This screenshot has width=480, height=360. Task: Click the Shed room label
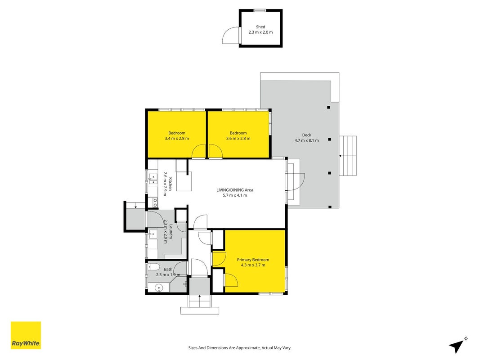260,27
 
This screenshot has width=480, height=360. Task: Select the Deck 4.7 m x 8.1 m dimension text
306,140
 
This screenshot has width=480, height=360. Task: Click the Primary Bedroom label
253,260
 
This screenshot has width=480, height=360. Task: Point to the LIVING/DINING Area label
235,190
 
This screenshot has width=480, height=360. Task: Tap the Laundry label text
170,232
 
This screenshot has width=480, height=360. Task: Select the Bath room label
168,270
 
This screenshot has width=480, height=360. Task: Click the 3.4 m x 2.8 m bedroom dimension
177,138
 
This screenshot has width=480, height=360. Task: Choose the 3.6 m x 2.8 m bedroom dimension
238,138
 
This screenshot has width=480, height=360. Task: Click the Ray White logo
26,335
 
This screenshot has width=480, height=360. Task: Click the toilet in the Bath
153,267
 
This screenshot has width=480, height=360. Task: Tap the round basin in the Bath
158,288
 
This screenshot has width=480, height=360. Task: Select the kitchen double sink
153,180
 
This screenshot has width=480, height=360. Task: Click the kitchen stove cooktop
153,202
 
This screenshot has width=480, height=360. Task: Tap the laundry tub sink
153,234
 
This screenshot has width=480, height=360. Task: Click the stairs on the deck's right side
348,156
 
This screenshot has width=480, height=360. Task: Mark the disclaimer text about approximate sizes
240,348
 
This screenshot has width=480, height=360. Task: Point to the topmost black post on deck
328,108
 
